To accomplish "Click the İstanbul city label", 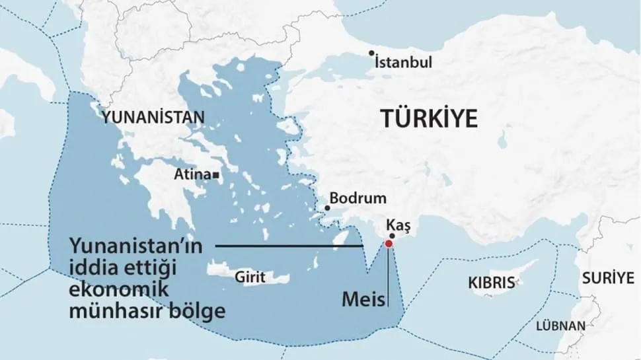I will pyautogui.click(x=403, y=63).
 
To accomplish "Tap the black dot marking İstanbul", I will pyautogui.click(x=372, y=54).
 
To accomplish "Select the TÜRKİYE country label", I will pyautogui.click(x=428, y=118).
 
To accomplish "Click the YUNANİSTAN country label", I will pyautogui.click(x=153, y=118).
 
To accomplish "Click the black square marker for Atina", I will pyautogui.click(x=216, y=176).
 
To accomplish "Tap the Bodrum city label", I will pyautogui.click(x=357, y=198).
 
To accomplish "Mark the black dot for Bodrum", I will pyautogui.click(x=326, y=207).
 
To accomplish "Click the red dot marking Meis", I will pyautogui.click(x=389, y=244).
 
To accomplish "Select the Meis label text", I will pyautogui.click(x=363, y=299).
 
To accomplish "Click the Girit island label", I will pyautogui.click(x=250, y=279).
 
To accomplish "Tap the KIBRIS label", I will pyautogui.click(x=491, y=283).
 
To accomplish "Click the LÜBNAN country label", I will pyautogui.click(x=560, y=326).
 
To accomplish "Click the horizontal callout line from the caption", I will pyautogui.click(x=291, y=246).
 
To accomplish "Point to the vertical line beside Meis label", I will pyautogui.click(x=389, y=277).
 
